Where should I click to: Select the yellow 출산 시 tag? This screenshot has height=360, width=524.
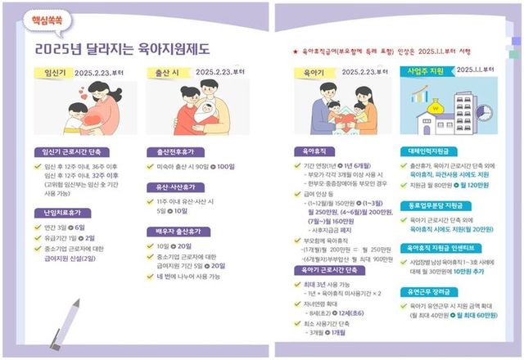pos(166,73)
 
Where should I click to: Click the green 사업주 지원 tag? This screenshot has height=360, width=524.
pos(428,73)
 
